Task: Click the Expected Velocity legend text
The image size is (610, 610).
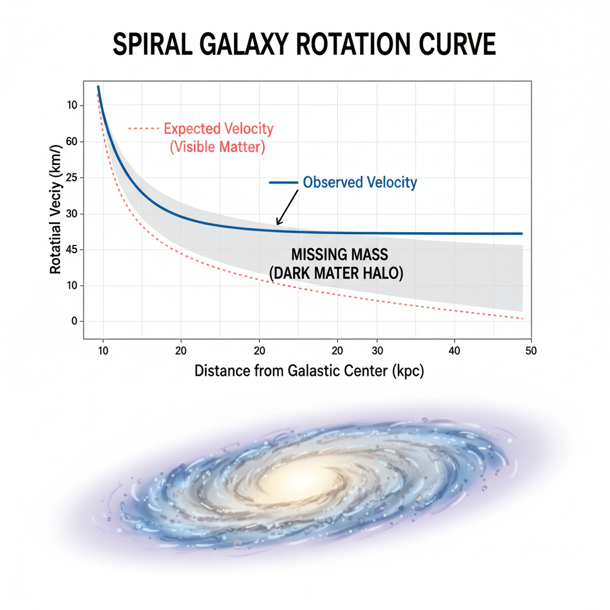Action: (x=218, y=128)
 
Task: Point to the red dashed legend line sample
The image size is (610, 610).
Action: (x=144, y=128)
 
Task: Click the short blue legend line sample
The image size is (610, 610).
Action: (x=284, y=182)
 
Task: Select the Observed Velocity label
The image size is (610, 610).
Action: (x=360, y=182)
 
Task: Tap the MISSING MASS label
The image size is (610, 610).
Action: (x=339, y=255)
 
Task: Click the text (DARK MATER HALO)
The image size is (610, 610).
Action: (x=337, y=273)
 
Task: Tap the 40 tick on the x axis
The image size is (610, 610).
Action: (x=455, y=351)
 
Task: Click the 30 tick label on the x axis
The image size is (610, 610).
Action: (x=376, y=351)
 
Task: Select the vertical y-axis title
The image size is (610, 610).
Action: (x=55, y=210)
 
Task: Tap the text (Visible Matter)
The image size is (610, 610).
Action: (x=217, y=147)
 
